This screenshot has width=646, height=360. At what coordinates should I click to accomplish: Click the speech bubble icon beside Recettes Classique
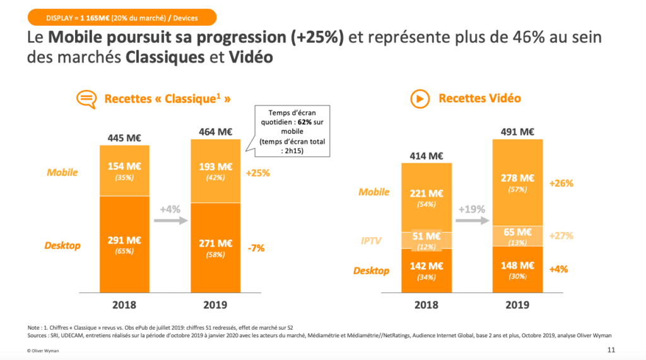click(x=86, y=99)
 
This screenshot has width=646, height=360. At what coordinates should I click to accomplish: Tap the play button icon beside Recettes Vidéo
click(x=419, y=99)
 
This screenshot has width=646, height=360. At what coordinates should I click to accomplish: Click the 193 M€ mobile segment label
click(x=215, y=167)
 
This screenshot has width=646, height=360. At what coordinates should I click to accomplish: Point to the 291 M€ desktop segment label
click(x=124, y=240)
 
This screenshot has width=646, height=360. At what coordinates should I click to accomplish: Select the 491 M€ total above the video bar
click(x=517, y=132)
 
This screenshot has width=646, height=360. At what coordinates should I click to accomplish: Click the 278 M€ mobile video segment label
click(x=517, y=178)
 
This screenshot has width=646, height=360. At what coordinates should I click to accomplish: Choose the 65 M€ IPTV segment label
click(x=517, y=233)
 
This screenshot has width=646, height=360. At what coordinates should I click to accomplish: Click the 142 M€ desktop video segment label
click(x=426, y=265)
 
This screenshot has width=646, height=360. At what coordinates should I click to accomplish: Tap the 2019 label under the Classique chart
click(x=215, y=305)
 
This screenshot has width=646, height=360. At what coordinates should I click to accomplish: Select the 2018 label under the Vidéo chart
click(x=426, y=305)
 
